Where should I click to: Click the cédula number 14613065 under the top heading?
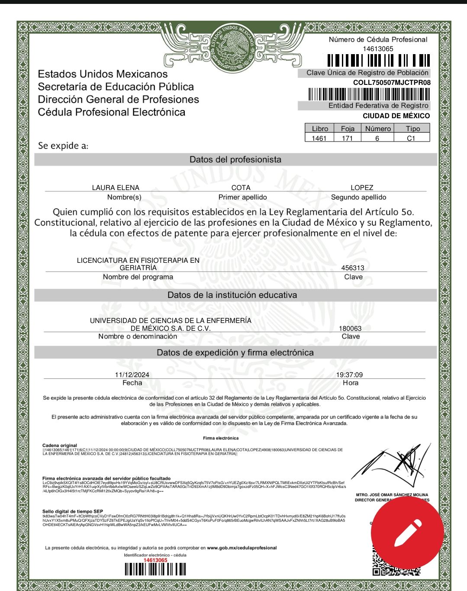click(x=378, y=49)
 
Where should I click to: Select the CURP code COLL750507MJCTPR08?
click(x=392, y=82)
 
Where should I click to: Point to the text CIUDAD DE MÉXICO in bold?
click(x=396, y=116)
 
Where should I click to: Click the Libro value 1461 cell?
click(x=319, y=138)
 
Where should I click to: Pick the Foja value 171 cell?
click(x=347, y=138)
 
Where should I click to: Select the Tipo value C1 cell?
click(x=411, y=138)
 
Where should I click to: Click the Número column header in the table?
click(x=377, y=129)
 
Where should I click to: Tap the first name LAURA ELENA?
click(x=116, y=187)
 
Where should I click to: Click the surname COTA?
click(x=241, y=187)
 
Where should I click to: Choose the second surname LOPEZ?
click(x=362, y=187)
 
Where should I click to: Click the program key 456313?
click(x=353, y=268)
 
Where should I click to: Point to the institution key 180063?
click(x=350, y=328)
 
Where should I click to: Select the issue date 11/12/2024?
click(x=132, y=375)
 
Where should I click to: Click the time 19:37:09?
click(x=349, y=375)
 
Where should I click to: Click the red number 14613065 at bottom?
click(x=155, y=560)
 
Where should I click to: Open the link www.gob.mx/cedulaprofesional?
click(x=242, y=548)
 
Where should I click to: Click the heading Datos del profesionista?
click(x=235, y=159)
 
